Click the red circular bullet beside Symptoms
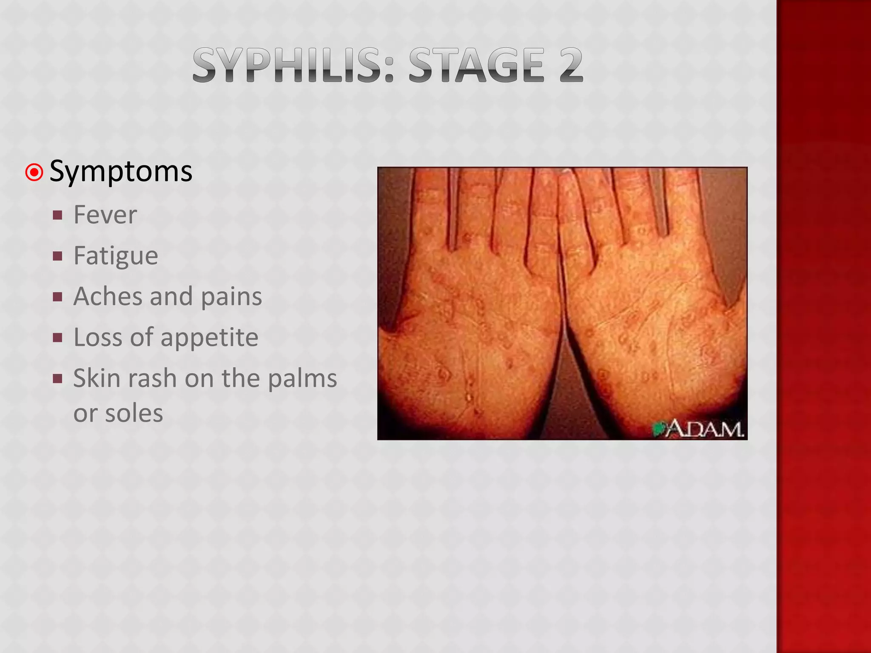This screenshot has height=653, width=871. pos(34,173)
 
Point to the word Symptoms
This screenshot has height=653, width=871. pos(121,172)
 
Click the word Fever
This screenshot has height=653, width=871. pos(105,215)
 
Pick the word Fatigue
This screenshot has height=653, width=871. pos(116,256)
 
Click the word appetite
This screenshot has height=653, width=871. pos(209,338)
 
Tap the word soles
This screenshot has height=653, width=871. pos(134,413)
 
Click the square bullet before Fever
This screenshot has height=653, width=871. pos(58,215)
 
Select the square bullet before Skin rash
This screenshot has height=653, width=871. pos(58,378)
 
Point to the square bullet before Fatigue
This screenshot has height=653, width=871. pos(58,256)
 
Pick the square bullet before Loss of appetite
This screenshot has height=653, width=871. pos(58,338)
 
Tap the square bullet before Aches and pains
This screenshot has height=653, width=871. pos(58,297)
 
